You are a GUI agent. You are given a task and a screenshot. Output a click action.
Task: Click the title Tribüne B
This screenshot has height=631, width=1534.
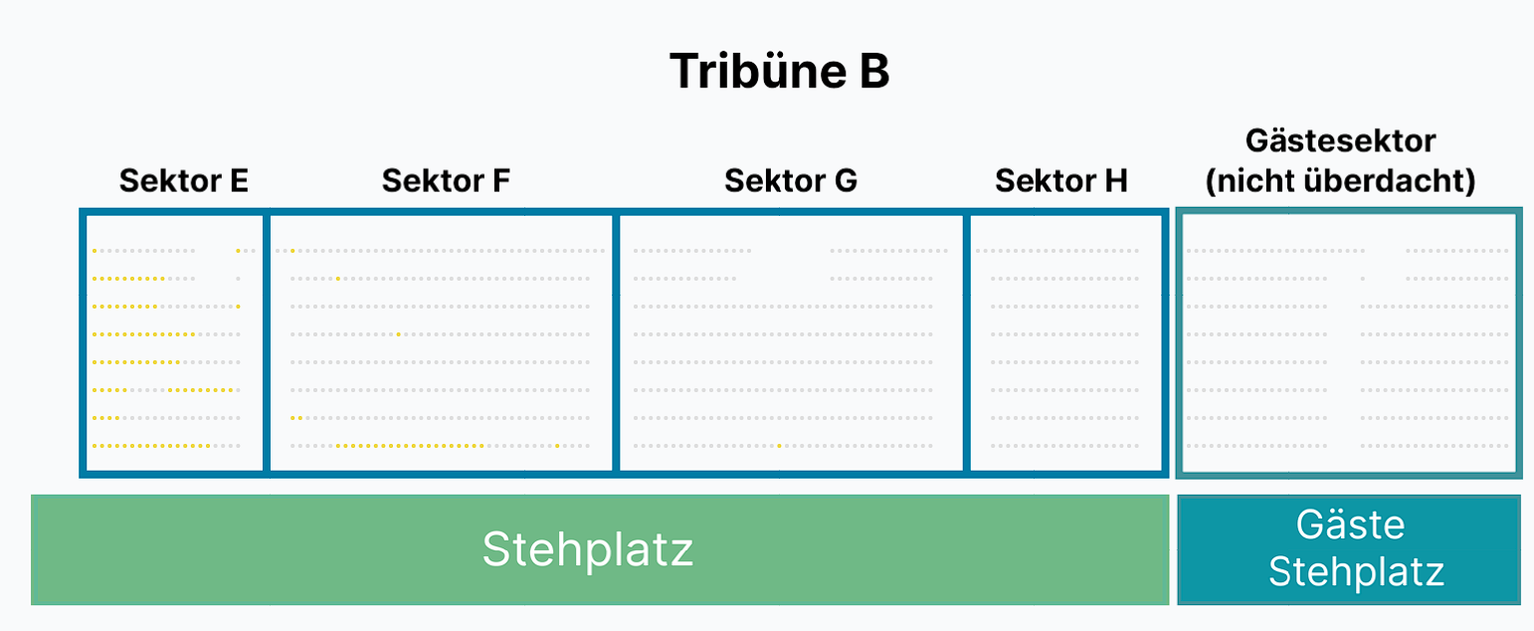pyautogui.click(x=779, y=71)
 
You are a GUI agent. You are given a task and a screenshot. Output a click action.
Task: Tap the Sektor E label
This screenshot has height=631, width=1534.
pyautogui.click(x=183, y=181)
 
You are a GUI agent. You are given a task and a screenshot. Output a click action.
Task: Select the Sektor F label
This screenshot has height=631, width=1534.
pyautogui.click(x=446, y=181)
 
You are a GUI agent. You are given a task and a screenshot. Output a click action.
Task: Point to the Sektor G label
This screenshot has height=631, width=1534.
pyautogui.click(x=791, y=181)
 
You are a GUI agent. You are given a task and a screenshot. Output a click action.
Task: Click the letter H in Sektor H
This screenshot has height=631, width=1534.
pyautogui.click(x=1115, y=181)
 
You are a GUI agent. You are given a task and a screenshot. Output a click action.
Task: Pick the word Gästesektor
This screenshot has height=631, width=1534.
pyautogui.click(x=1340, y=140)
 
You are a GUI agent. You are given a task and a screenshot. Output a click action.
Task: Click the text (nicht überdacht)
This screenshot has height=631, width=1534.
pyautogui.click(x=1340, y=181)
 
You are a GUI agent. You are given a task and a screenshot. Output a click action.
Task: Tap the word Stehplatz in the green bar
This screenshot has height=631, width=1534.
pyautogui.click(x=588, y=549)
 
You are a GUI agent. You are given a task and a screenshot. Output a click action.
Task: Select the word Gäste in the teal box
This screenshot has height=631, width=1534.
pyautogui.click(x=1351, y=525)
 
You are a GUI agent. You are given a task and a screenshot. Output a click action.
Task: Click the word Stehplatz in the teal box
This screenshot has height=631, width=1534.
pyautogui.click(x=1356, y=571)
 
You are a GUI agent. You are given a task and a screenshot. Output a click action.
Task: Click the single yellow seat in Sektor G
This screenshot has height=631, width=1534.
pyautogui.click(x=779, y=446)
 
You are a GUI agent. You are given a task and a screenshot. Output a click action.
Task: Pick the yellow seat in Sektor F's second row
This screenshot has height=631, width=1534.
pyautogui.click(x=337, y=279)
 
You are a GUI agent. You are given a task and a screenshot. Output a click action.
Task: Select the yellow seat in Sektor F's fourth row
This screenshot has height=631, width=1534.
pyautogui.click(x=399, y=334)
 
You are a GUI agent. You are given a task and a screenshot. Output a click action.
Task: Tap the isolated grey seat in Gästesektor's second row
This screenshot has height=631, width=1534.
pyautogui.click(x=1363, y=279)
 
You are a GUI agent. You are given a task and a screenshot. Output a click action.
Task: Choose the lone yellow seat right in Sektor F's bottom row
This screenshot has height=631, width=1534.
pyautogui.click(x=557, y=446)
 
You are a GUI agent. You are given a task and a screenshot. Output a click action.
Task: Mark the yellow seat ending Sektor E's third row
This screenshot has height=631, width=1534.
pyautogui.click(x=239, y=307)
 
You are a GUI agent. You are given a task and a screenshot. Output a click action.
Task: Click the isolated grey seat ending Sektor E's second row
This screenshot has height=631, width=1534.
pyautogui.click(x=239, y=279)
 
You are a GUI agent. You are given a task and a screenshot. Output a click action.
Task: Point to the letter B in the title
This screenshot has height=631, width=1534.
pyautogui.click(x=874, y=71)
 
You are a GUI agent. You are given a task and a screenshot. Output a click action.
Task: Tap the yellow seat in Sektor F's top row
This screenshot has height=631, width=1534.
pyautogui.click(x=292, y=251)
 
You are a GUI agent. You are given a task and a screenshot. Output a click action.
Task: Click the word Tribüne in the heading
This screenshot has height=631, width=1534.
pyautogui.click(x=758, y=71)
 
